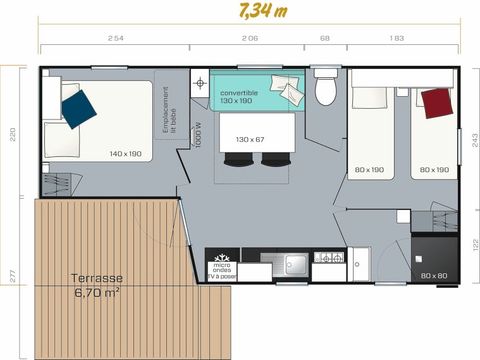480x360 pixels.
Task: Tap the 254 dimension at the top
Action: tap(115, 38)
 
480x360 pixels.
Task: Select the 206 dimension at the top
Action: tap(250, 38)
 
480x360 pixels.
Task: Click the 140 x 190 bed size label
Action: tap(126, 154)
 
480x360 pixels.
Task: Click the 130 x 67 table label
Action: tap(250, 139)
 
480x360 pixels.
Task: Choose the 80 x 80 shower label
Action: tap(433, 275)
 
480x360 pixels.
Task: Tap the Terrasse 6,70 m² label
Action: tap(97, 286)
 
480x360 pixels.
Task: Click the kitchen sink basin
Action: tap(294, 263)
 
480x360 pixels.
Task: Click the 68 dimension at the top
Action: tap(324, 38)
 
